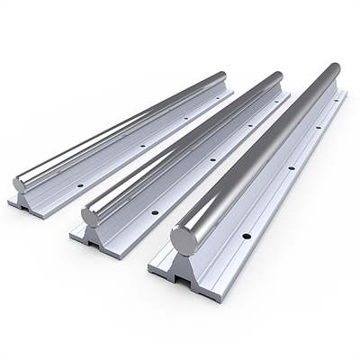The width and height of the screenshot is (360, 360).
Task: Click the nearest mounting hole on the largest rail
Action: click(247, 237)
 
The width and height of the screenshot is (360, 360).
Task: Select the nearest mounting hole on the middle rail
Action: click(155, 212)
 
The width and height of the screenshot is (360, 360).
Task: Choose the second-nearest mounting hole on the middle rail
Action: click(212, 159)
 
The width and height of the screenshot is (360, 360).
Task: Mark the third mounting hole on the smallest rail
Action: click(187, 116)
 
